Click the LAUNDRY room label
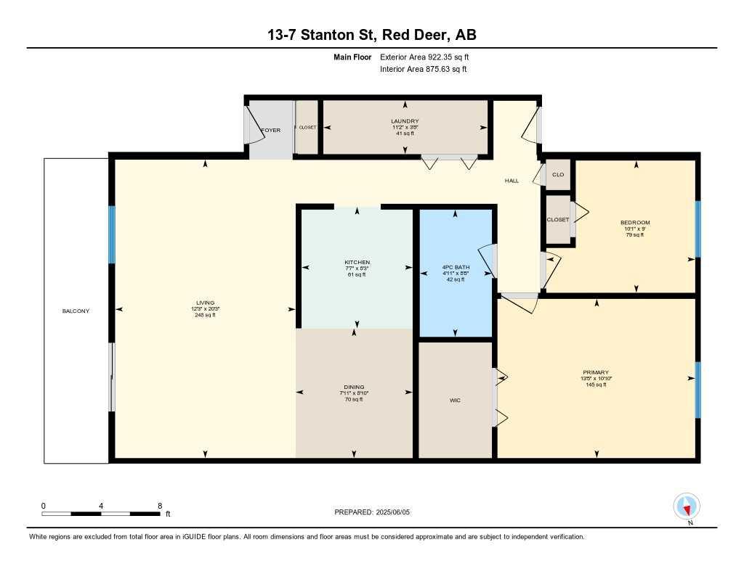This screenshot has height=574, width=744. click(405, 121)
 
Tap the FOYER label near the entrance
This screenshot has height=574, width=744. click(271, 131)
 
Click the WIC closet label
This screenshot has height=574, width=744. click(455, 400)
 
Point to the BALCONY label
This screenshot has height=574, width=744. click(76, 311)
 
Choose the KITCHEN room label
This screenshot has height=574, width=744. click(357, 262)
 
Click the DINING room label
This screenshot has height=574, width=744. click(354, 387)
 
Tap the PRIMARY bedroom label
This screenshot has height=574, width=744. click(595, 372)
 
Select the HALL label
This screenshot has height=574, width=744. click(511, 181)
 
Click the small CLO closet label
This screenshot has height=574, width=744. click(558, 174)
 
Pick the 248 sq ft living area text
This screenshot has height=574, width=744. click(205, 315)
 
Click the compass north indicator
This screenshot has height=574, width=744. click(687, 506)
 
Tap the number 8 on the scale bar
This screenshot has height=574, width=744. click(159, 505)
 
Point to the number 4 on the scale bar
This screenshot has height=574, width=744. click(101, 505)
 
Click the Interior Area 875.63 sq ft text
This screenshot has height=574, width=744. click(424, 70)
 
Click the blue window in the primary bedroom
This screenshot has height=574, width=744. click(698, 390)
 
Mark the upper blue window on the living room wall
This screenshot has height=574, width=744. click(112, 234)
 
